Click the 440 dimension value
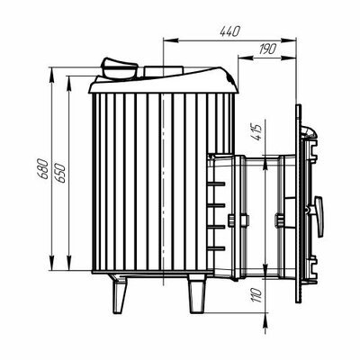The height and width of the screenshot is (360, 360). (230, 31)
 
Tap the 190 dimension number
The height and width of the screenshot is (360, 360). (267, 49)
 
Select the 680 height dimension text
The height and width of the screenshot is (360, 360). (43, 169)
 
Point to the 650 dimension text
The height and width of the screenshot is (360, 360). (59, 173)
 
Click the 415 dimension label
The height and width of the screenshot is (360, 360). (257, 131)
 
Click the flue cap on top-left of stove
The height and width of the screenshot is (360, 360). (119, 68)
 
